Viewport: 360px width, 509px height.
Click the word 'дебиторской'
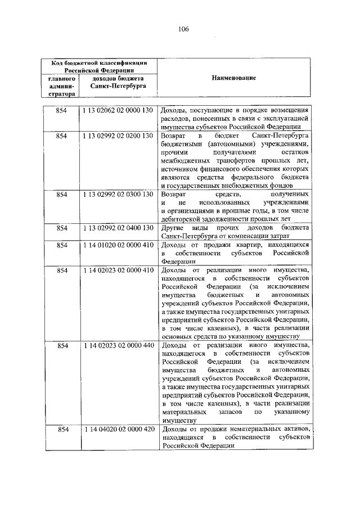click(182, 219)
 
